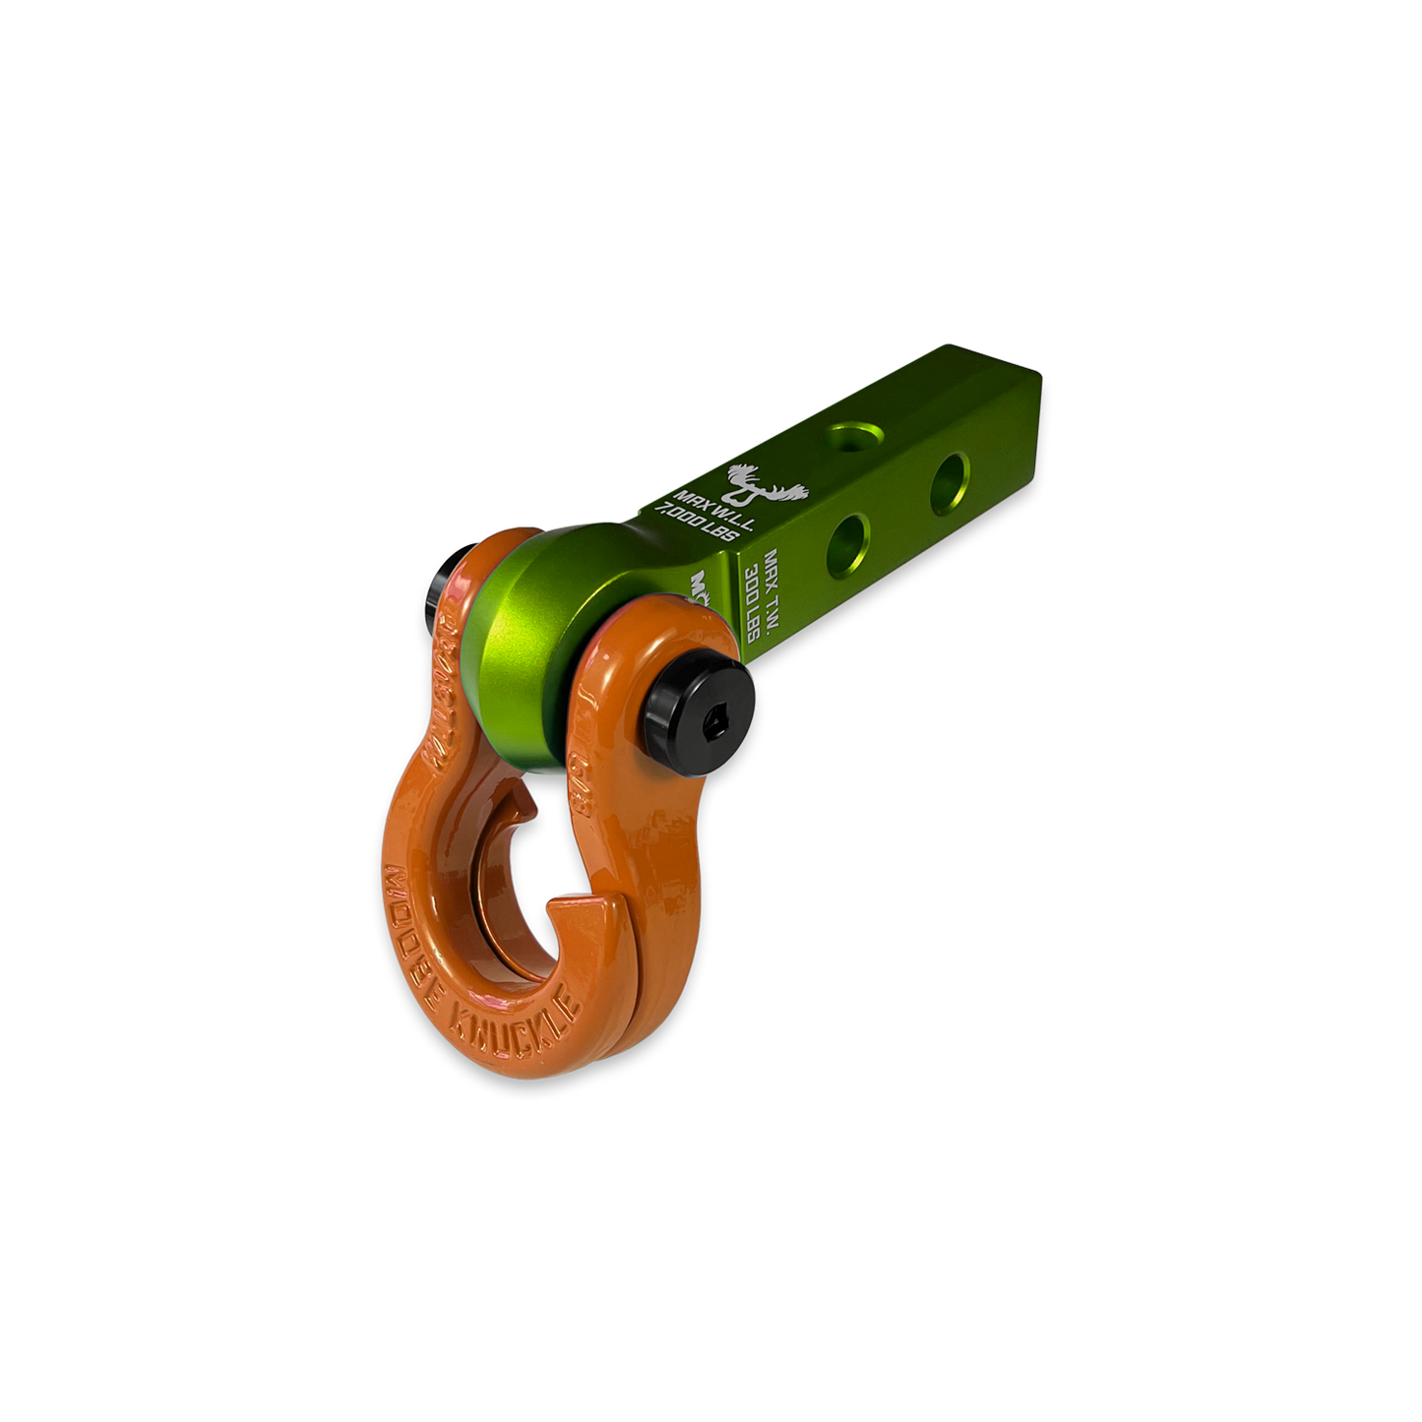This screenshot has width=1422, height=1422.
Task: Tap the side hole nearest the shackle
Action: (x=848, y=539)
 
